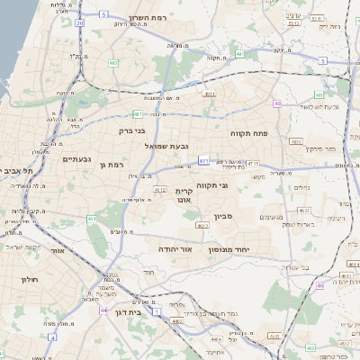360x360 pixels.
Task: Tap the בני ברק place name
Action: (131, 130)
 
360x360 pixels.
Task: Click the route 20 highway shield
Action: (79, 22)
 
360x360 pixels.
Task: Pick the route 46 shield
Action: (319, 285)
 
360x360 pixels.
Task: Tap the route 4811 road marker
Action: (209, 93)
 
